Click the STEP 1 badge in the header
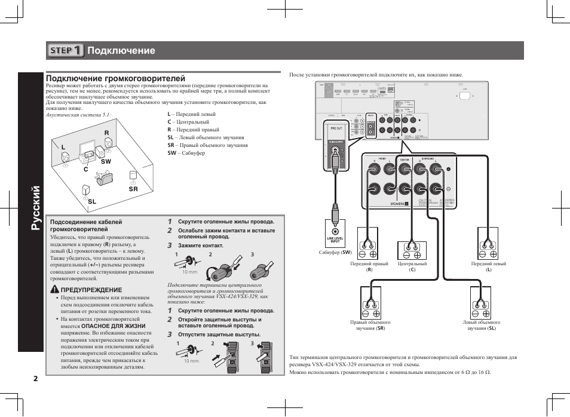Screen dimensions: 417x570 (x=66, y=51)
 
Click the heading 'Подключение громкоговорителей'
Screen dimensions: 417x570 (x=115, y=78)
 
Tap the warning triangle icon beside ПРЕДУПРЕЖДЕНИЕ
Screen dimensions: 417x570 (x=54, y=290)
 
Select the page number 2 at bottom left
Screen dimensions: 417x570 (x=36, y=378)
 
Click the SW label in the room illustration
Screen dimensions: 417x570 (x=106, y=161)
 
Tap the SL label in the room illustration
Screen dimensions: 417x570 (x=92, y=202)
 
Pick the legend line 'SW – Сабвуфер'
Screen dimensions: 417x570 (x=186, y=153)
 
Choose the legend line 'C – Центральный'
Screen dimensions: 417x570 (x=188, y=122)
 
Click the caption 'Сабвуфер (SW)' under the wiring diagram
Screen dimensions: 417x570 (x=336, y=252)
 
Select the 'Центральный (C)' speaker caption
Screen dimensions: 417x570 (x=412, y=266)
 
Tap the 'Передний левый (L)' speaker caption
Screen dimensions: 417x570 (x=488, y=266)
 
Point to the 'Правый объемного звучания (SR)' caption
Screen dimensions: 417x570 (x=367, y=326)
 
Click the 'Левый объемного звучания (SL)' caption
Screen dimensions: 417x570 (x=482, y=326)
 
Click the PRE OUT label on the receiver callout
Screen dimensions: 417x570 (x=336, y=128)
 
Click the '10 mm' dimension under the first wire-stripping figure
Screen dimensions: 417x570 (x=189, y=272)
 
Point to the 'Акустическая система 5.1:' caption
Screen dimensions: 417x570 (x=78, y=115)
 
